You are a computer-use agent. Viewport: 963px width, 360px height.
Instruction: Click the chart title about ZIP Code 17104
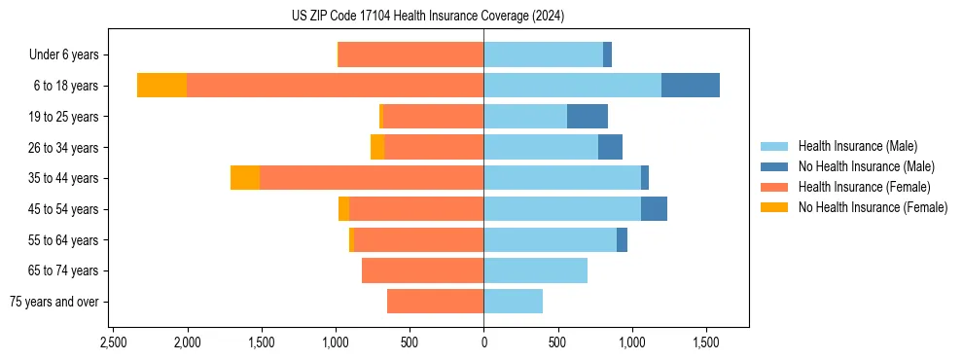[427, 17]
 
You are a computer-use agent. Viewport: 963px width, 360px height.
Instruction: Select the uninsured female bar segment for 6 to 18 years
[161, 85]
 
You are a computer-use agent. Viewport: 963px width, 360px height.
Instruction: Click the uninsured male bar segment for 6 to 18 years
[691, 85]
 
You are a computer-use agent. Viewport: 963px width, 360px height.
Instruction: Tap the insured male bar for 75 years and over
[513, 302]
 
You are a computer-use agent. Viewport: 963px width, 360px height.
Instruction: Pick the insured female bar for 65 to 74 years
[422, 270]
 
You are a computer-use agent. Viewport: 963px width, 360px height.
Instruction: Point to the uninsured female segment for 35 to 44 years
[245, 178]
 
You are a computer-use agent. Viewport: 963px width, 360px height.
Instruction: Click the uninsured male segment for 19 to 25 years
[588, 116]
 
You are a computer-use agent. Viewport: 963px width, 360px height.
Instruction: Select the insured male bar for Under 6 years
[543, 54]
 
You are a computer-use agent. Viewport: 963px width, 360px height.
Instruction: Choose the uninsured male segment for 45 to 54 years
[654, 208]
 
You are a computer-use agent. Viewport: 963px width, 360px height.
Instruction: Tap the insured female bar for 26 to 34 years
[434, 147]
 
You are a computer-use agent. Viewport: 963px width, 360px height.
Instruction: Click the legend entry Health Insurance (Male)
[856, 146]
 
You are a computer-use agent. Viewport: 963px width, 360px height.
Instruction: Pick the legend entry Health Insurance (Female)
[864, 187]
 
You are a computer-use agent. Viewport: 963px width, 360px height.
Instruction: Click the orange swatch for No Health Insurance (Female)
[774, 207]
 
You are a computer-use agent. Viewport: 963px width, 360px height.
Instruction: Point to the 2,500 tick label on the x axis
[113, 342]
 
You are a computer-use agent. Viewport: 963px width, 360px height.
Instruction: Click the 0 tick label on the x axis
[483, 342]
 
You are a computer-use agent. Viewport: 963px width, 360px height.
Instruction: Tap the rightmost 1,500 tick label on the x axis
[706, 342]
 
